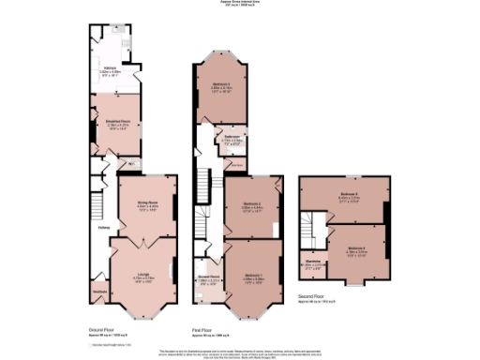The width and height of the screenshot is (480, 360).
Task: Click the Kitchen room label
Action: point(110,67)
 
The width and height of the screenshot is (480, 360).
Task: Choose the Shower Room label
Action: point(208,277)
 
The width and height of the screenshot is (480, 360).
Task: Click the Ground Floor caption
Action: point(102,330)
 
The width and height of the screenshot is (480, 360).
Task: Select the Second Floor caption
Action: point(311,296)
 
